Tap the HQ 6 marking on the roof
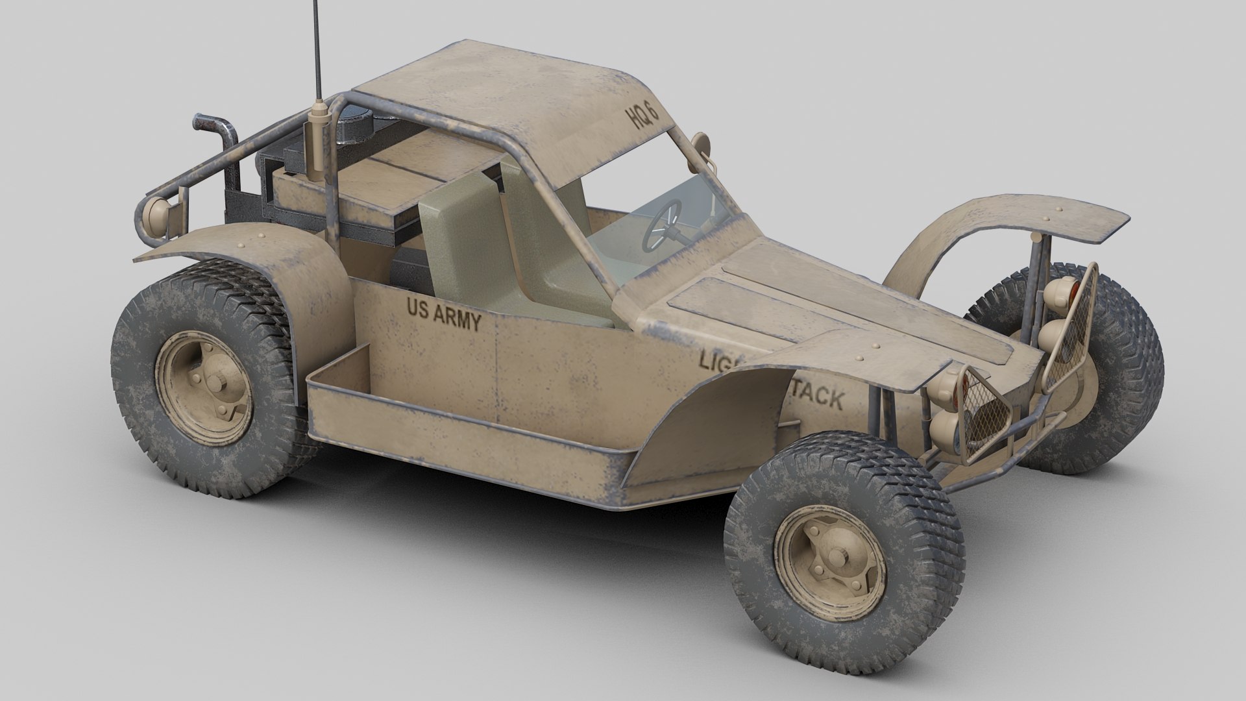[641, 117]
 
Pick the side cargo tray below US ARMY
[454, 428]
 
